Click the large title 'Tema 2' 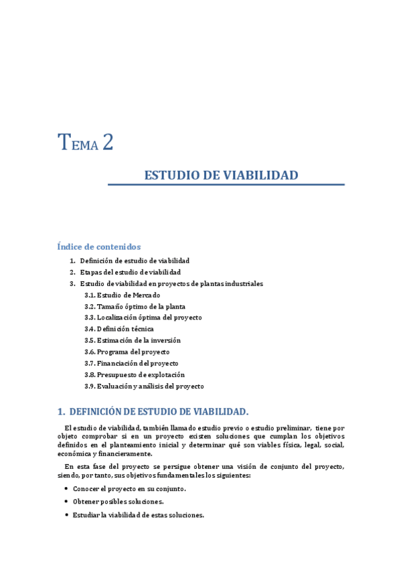(x=85, y=143)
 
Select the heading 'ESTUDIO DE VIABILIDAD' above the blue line (x=221, y=175)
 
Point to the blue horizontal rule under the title (x=226, y=184)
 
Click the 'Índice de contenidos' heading (x=98, y=246)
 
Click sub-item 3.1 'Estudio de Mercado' (x=122, y=295)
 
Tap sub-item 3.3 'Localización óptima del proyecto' (x=143, y=317)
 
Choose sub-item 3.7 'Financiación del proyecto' (x=131, y=363)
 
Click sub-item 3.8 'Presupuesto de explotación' (x=134, y=374)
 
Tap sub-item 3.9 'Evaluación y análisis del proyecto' (x=144, y=386)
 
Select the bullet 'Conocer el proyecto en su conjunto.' (x=129, y=489)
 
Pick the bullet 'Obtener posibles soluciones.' (x=118, y=502)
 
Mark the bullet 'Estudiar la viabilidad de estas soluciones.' (x=138, y=515)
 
